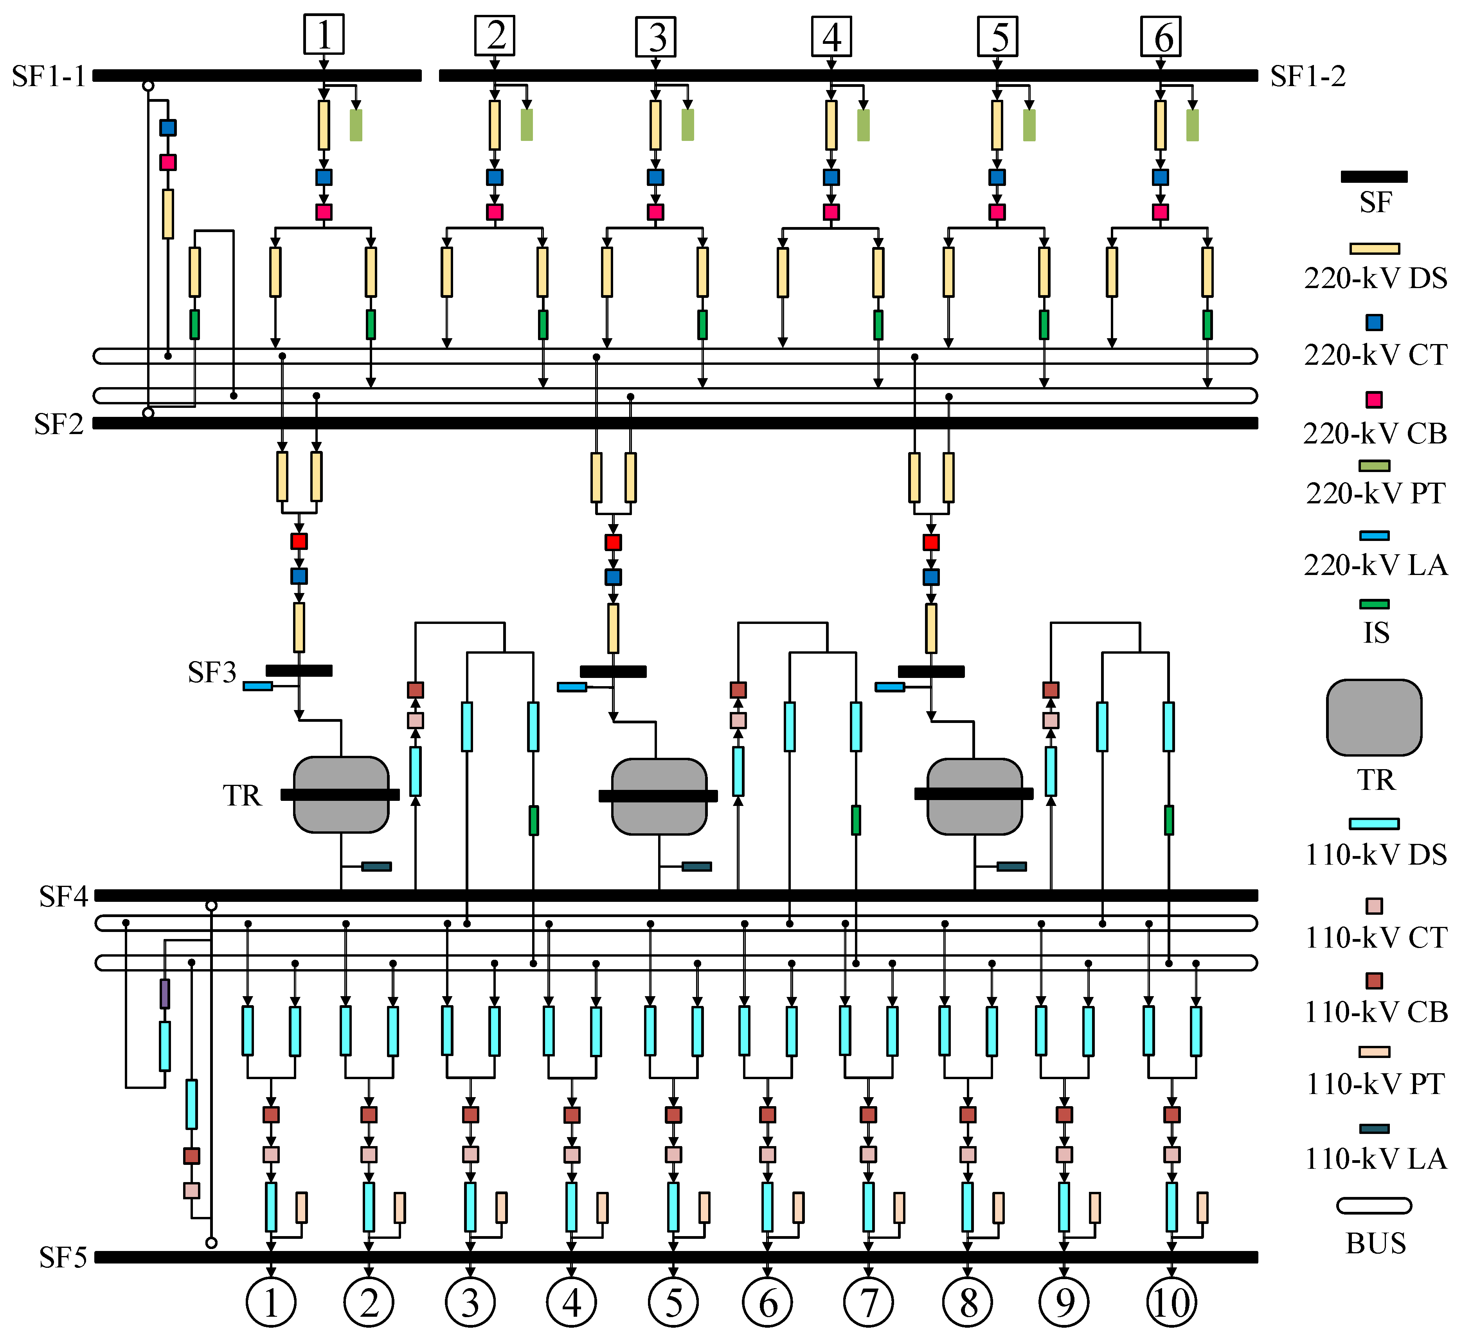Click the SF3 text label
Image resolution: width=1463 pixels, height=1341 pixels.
point(212,672)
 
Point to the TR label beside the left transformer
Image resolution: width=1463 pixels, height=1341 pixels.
point(242,796)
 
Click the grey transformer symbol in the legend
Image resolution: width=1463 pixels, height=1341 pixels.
point(1374,717)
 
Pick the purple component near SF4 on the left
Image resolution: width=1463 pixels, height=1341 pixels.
point(165,994)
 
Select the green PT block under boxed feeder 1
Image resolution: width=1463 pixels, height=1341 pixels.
point(356,125)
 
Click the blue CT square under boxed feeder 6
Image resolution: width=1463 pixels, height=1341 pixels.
point(1161,177)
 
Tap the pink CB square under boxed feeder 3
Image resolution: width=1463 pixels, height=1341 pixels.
point(655,212)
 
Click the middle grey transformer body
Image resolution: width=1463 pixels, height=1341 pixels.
point(659,797)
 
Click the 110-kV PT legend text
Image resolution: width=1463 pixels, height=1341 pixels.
point(1376,1084)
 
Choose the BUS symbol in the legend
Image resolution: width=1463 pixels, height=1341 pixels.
point(1374,1206)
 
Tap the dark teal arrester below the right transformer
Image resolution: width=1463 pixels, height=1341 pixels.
point(1011,866)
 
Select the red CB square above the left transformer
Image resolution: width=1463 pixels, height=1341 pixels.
point(299,541)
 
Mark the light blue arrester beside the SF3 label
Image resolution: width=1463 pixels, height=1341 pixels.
point(257,686)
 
